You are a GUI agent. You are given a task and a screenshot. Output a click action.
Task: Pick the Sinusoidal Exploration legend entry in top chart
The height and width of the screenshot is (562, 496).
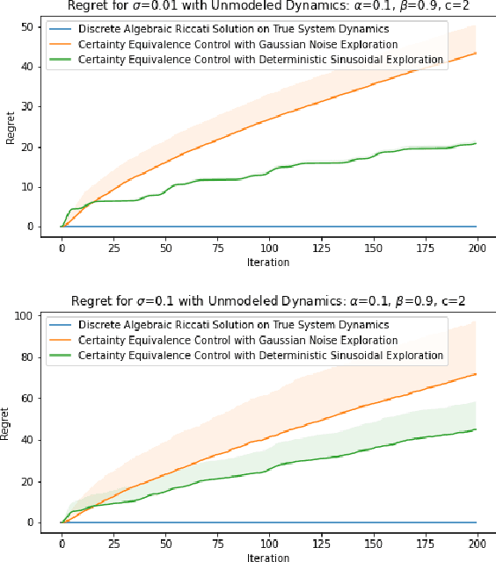tap(260, 59)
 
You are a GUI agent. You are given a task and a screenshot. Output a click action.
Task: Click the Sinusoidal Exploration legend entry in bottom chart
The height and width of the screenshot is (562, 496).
tap(260, 356)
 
